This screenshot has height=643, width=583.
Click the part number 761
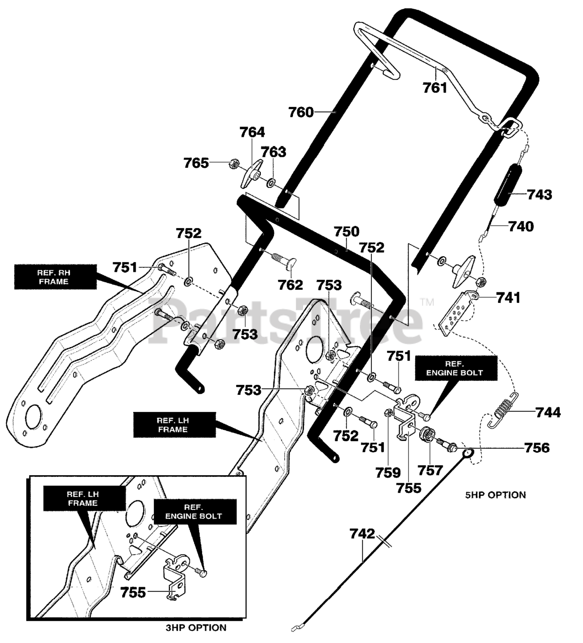[435, 87]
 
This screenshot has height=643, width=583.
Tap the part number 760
[301, 112]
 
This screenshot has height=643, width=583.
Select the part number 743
[540, 194]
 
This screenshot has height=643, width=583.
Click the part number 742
[362, 533]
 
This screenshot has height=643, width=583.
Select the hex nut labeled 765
[234, 164]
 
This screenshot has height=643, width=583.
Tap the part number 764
[252, 132]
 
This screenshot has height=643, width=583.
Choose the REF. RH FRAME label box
[55, 277]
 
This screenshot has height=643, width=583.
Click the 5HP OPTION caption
[496, 495]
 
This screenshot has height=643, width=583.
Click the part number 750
[347, 232]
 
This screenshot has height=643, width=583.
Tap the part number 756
[537, 448]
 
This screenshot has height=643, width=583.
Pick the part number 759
[388, 473]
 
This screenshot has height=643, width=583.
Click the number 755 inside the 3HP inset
[133, 593]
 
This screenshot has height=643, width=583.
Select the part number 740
[521, 227]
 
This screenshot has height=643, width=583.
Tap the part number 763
[273, 152]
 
